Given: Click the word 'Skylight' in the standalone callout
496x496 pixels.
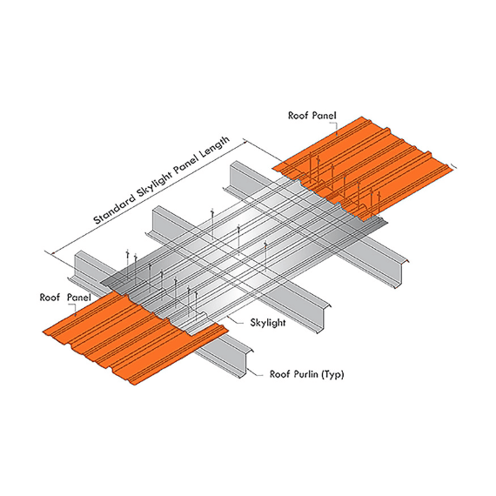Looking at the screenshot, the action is pos(268,322).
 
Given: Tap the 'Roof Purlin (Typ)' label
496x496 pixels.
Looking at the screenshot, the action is pos(306,374).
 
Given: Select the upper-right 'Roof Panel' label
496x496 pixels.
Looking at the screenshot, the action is pos(312,115).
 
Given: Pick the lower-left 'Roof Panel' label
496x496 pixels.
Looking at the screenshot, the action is pos(65,298).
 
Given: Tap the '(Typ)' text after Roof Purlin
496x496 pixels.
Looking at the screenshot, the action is pos(332,374).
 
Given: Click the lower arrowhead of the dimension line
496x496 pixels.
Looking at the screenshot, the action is pos(54,252).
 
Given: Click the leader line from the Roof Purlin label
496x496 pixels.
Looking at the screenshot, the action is pos(255,372).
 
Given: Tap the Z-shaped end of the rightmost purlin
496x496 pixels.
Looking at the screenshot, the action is pos(401,272).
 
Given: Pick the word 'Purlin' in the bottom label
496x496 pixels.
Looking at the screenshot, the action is pos(304,374).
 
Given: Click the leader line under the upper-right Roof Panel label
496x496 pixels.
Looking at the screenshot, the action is pos(336,128).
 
